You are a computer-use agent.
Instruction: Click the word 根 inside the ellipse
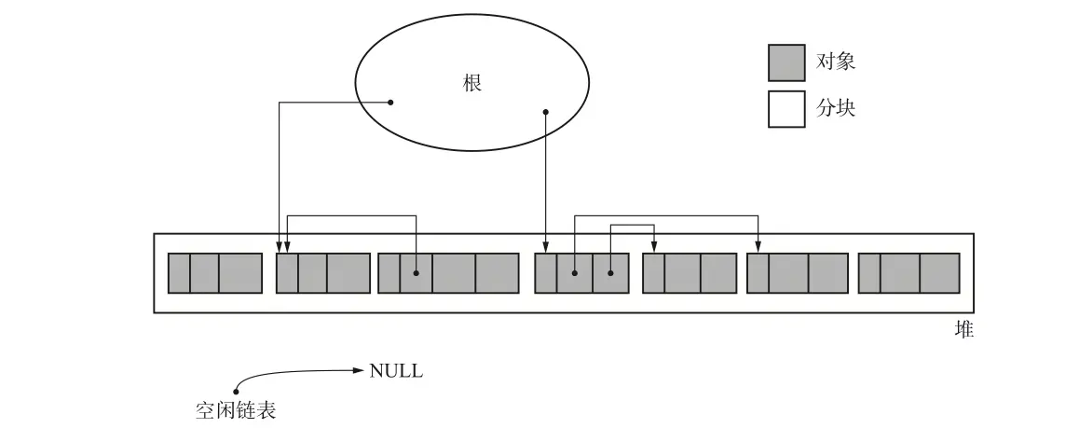click(x=471, y=83)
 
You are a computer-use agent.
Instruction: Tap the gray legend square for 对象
click(x=786, y=62)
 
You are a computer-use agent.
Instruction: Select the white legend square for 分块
click(x=786, y=108)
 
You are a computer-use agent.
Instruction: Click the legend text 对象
click(x=836, y=62)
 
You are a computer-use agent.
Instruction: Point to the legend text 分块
click(x=836, y=108)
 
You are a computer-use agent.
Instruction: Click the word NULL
click(x=396, y=371)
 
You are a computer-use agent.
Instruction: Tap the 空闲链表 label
click(x=237, y=410)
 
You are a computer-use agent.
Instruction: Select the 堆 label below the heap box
click(x=964, y=329)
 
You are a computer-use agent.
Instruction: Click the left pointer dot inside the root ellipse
click(x=390, y=103)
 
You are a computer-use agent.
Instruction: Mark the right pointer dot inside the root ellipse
click(x=545, y=113)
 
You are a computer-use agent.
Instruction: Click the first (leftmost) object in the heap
click(x=215, y=273)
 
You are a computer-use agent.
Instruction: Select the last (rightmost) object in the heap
click(x=908, y=273)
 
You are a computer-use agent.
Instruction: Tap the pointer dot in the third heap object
click(x=416, y=273)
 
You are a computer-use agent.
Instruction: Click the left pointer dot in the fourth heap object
click(x=575, y=273)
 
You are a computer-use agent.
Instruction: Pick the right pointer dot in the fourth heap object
click(x=610, y=273)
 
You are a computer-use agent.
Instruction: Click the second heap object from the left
click(x=323, y=273)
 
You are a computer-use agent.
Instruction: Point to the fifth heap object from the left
click(x=690, y=273)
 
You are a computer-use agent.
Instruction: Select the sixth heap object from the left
click(x=798, y=273)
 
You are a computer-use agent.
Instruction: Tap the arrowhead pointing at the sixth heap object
click(x=758, y=248)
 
